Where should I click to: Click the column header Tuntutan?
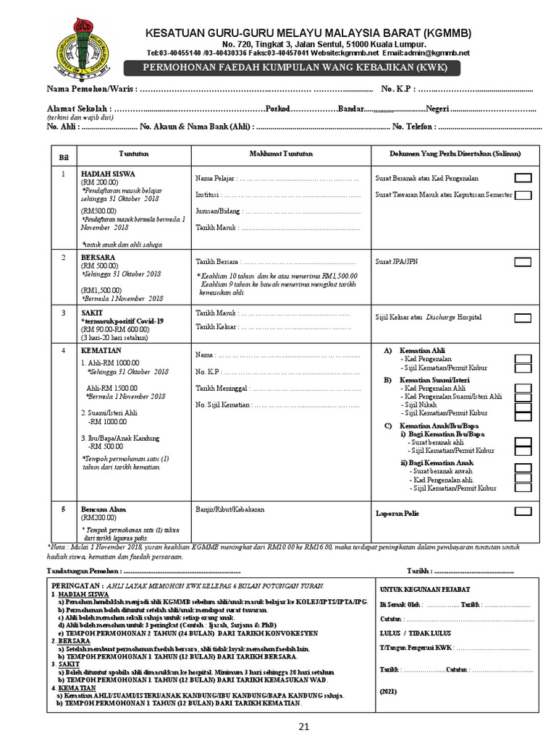[130, 153]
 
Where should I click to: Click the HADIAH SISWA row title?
[108, 174]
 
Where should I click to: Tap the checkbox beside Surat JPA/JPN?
[523, 262]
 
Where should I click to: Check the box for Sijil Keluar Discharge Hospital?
[523, 318]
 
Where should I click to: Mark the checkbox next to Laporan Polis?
[523, 512]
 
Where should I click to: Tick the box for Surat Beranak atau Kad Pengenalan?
[523, 178]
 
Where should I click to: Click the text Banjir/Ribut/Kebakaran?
[229, 509]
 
